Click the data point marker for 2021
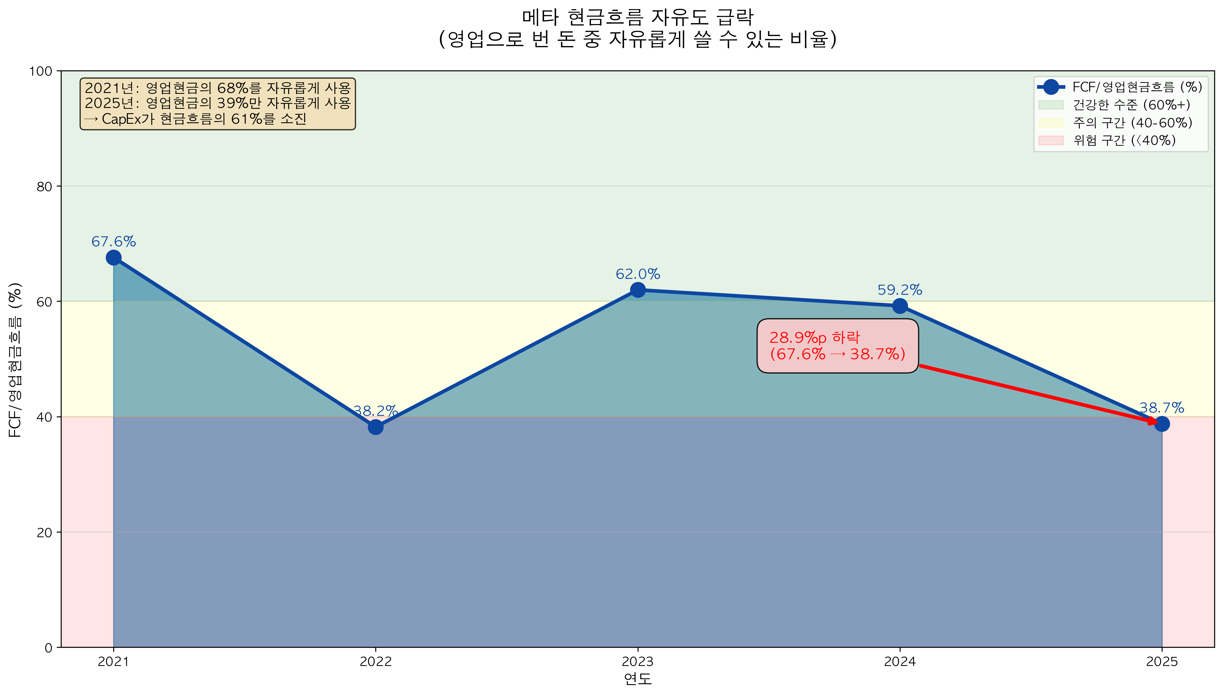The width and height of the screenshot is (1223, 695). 113,258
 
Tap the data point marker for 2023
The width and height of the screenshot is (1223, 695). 638,290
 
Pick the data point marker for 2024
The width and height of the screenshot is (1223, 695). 900,306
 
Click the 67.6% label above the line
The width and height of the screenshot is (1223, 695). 114,242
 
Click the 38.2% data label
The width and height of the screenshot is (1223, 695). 375,411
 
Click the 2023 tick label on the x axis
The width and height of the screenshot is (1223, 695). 638,662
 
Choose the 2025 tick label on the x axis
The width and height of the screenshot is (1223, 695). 1161,662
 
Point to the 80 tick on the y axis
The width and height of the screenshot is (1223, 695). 44,187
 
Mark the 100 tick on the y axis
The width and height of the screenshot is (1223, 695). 41,71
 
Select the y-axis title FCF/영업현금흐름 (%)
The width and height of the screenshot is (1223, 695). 15,360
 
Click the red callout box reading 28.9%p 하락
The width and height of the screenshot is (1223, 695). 837,345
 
